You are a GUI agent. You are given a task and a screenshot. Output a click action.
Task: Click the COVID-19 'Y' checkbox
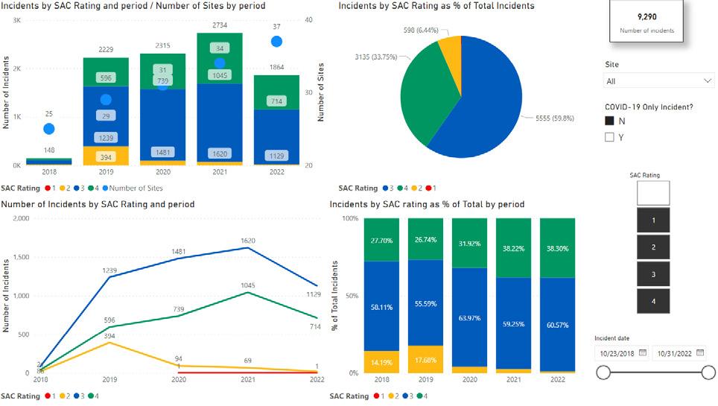click(x=609, y=137)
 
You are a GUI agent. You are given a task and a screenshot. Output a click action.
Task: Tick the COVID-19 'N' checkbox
click(x=609, y=121)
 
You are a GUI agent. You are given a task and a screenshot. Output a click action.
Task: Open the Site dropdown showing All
click(x=659, y=81)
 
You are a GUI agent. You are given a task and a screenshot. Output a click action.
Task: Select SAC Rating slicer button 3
click(x=653, y=274)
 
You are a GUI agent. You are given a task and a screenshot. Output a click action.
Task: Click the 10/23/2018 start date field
click(x=621, y=353)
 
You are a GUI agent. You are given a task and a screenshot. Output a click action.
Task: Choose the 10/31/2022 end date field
click(x=678, y=353)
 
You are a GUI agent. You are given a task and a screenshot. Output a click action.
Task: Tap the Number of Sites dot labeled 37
click(x=277, y=42)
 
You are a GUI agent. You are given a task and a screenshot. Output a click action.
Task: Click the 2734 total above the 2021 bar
click(x=220, y=25)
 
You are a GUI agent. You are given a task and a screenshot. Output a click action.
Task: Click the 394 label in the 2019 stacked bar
click(x=106, y=156)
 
